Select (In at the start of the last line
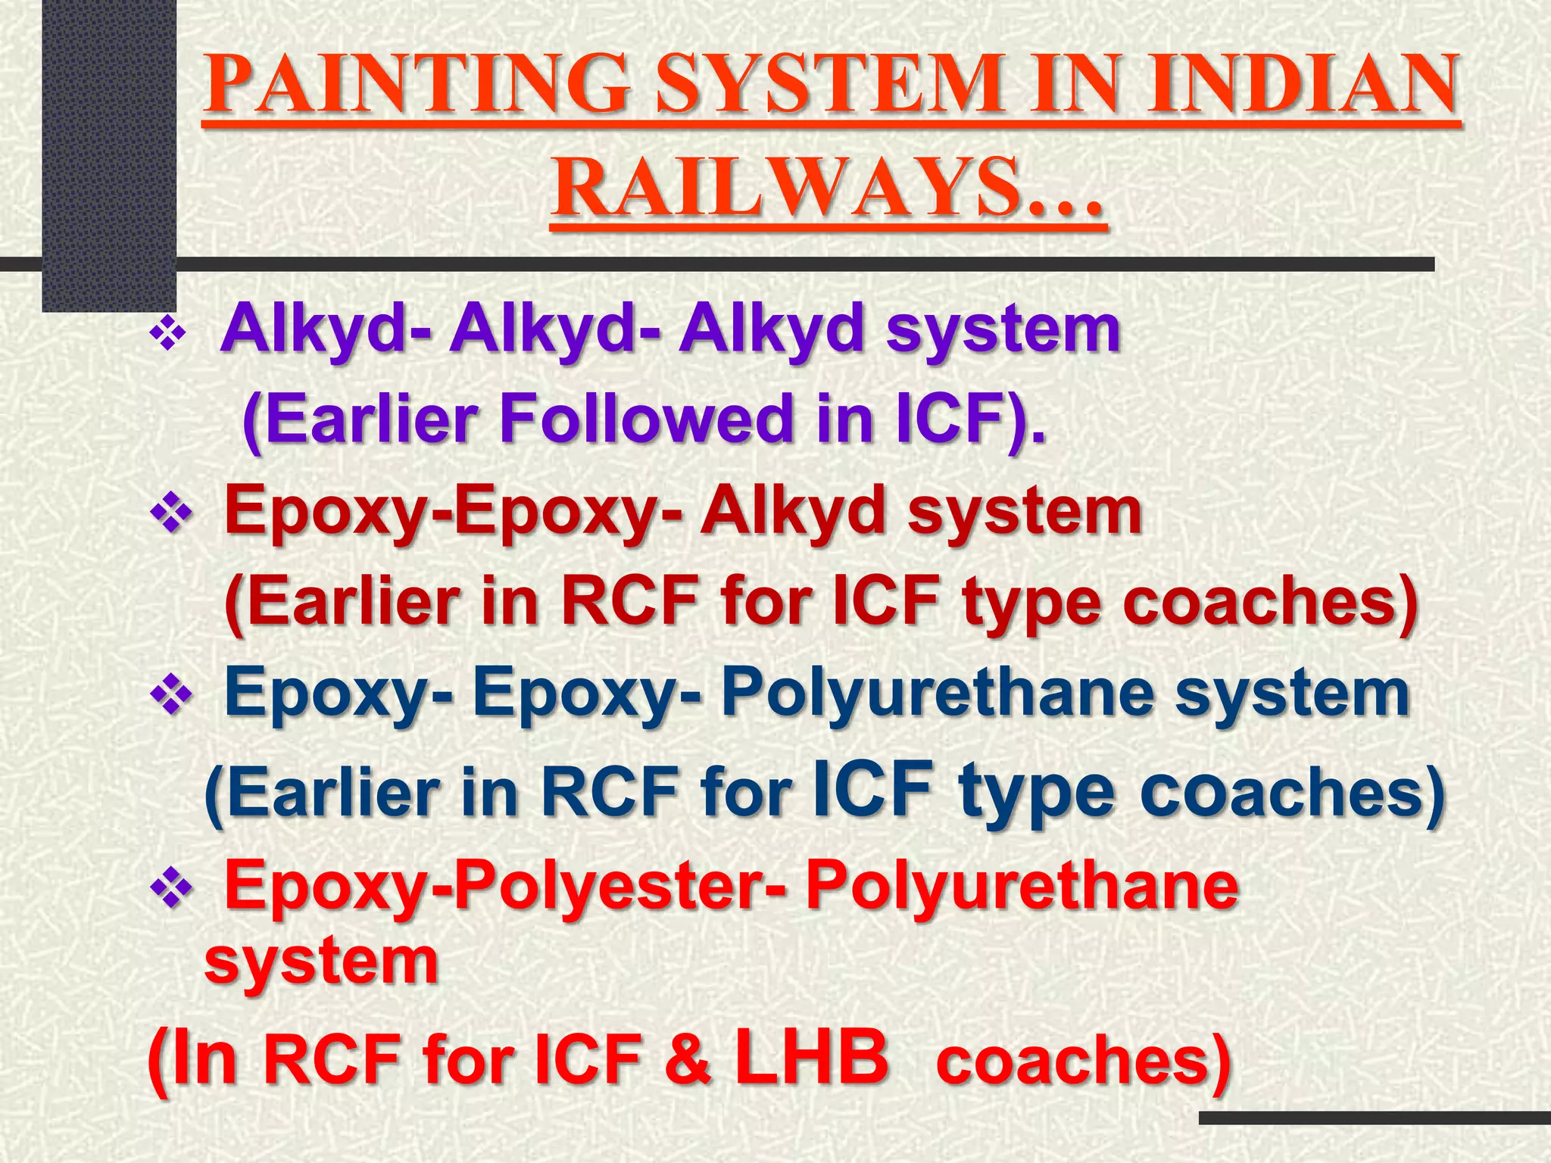(192, 1059)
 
